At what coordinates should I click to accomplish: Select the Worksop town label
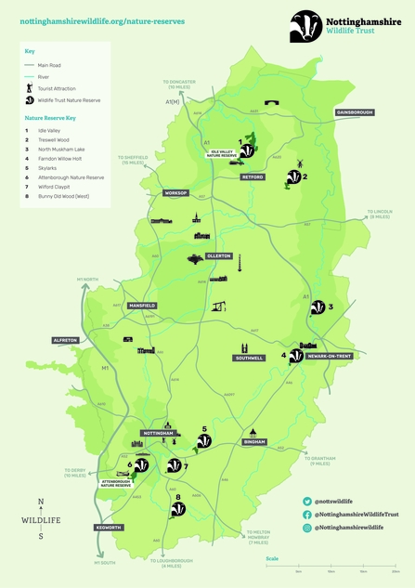click(x=175, y=193)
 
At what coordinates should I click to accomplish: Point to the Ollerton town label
click(x=218, y=255)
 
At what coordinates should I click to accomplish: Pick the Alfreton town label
click(x=64, y=341)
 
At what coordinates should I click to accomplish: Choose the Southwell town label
click(x=249, y=358)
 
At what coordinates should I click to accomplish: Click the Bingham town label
click(x=254, y=442)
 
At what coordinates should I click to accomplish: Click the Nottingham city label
click(x=159, y=434)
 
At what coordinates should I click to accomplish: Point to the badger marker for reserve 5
click(x=203, y=441)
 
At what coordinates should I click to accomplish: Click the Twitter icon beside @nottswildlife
click(x=306, y=502)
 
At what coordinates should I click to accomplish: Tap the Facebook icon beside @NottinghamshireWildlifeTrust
click(x=306, y=515)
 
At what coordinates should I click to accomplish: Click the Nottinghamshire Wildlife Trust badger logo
click(x=307, y=22)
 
